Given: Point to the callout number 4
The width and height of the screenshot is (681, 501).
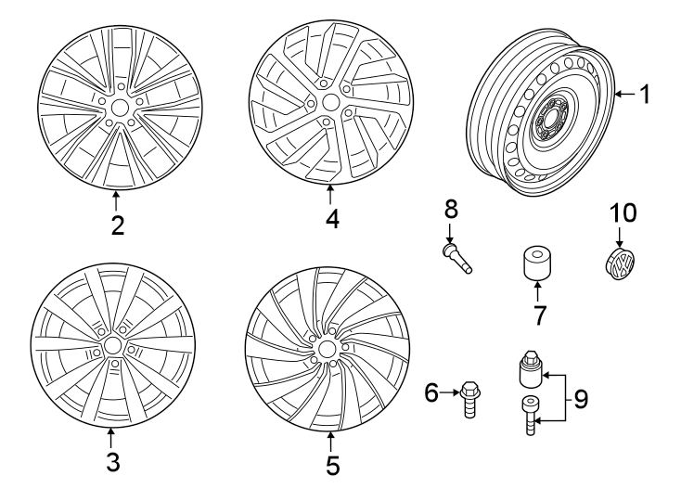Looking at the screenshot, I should tap(332, 219).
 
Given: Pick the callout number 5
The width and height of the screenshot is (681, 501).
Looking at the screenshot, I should tap(331, 463).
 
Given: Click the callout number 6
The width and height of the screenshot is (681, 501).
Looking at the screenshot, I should tap(430, 394).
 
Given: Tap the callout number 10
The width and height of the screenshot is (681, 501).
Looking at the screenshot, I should tap(623, 214).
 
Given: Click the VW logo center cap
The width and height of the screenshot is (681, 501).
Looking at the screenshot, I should tap(620, 263).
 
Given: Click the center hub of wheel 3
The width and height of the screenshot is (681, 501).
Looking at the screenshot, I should tap(113, 345).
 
